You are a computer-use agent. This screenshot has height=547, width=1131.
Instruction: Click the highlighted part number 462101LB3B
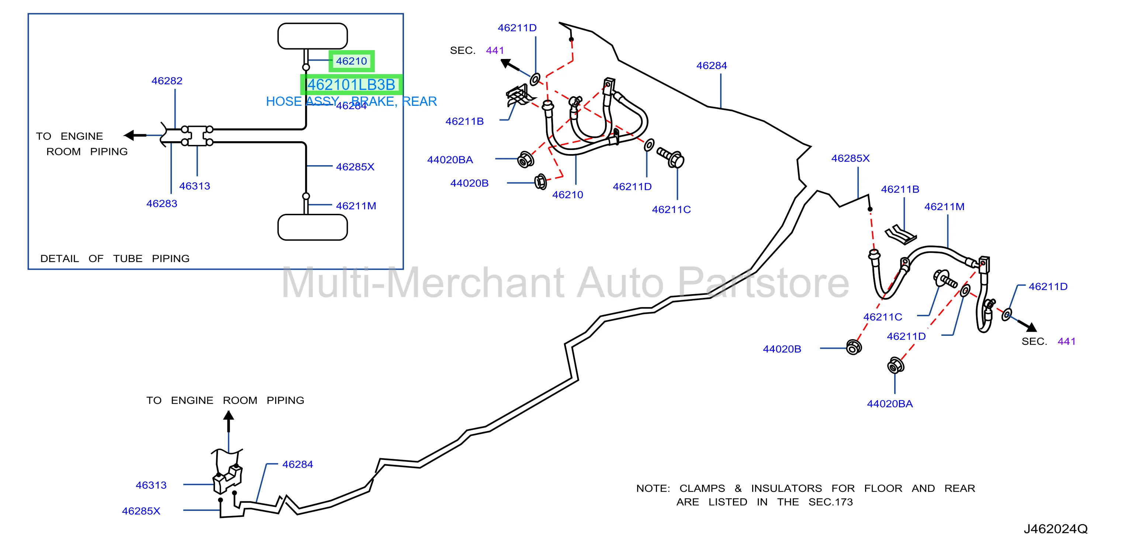351,85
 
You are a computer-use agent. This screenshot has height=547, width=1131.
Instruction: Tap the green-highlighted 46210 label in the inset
351,61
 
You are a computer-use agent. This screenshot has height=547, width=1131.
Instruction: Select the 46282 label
167,81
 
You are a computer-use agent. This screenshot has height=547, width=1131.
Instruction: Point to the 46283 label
162,203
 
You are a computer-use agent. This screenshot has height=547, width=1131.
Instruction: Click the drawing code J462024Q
1055,529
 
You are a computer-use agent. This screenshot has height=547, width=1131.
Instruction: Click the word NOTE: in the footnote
653,488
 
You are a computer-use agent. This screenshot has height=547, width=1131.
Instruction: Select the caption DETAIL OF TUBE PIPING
115,258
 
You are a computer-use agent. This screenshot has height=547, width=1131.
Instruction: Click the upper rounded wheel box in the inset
312,36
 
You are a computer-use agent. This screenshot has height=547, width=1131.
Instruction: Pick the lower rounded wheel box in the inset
312,227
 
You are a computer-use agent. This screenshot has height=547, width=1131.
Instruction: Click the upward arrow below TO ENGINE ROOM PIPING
228,421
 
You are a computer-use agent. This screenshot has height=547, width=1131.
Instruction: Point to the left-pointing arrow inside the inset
135,135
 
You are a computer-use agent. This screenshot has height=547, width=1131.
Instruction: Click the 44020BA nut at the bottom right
895,365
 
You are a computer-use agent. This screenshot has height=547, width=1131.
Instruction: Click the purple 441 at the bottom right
1066,341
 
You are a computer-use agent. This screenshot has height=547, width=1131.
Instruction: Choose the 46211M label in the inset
356,206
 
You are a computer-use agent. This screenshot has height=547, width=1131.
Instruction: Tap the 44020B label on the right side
782,349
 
